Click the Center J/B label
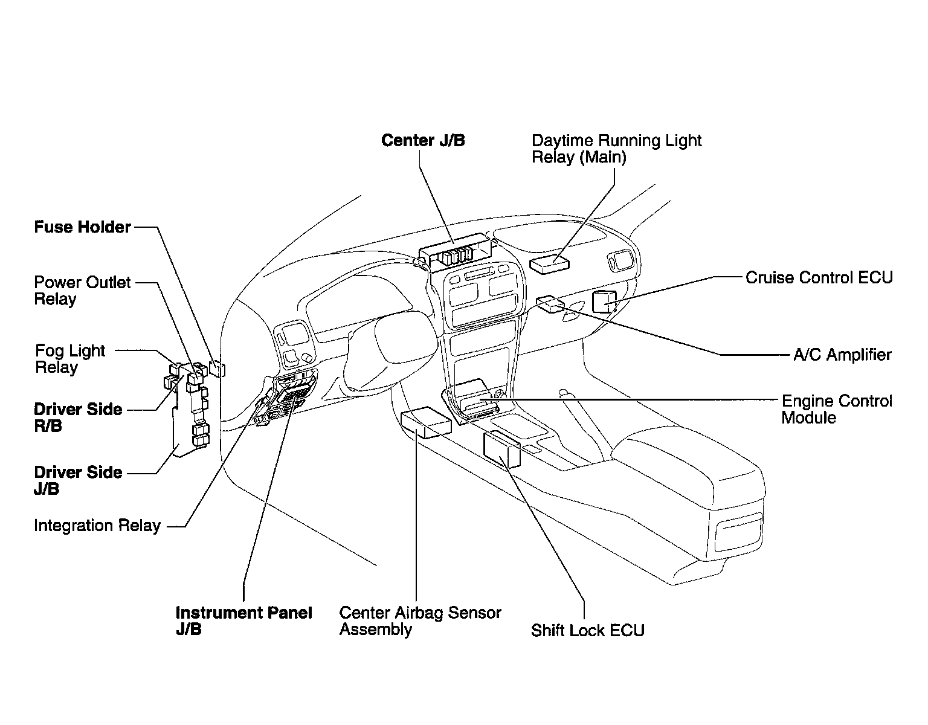(x=423, y=141)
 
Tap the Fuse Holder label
(x=82, y=227)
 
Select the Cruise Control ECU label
(x=819, y=277)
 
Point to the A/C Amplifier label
(x=842, y=355)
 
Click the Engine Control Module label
(x=836, y=409)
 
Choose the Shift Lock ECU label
(x=587, y=630)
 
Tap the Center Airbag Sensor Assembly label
(x=420, y=620)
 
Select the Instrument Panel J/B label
(x=243, y=620)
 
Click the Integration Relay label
(x=97, y=526)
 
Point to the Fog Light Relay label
(x=69, y=359)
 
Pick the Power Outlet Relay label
(x=82, y=291)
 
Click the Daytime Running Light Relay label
(x=616, y=149)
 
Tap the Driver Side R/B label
(x=78, y=417)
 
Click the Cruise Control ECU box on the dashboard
(x=604, y=301)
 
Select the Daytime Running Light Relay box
(x=550, y=263)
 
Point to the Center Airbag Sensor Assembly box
(x=425, y=422)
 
